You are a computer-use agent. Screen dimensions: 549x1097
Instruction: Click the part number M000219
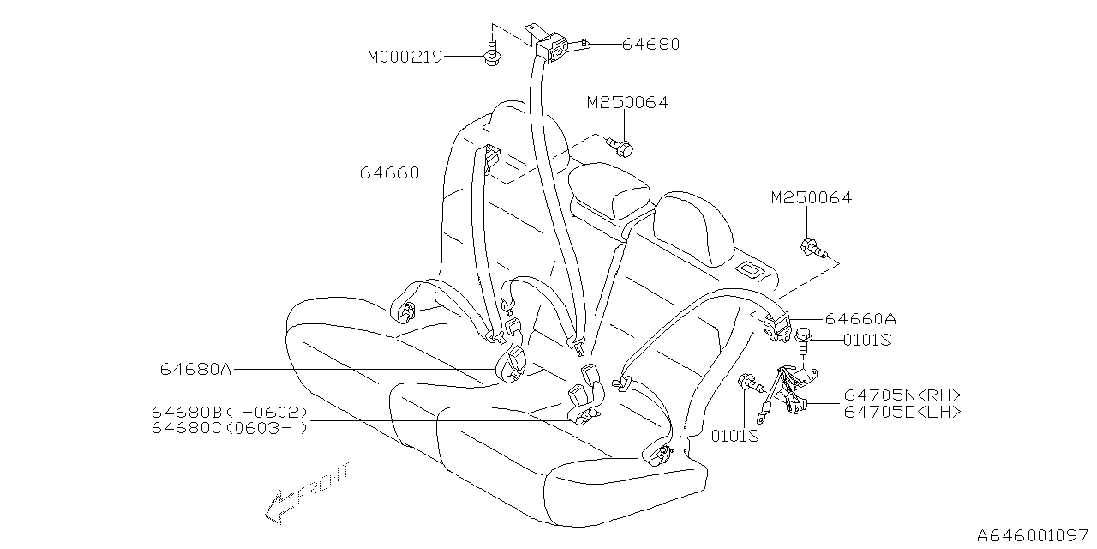click(405, 57)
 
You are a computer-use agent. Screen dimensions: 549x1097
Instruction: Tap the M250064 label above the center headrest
click(627, 103)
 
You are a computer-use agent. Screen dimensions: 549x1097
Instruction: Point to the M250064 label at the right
click(811, 198)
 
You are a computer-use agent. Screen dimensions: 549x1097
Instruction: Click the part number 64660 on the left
click(390, 172)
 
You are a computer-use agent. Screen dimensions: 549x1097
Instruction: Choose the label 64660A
click(861, 319)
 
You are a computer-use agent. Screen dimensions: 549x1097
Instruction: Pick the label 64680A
click(195, 370)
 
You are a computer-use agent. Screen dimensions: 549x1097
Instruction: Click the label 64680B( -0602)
click(229, 413)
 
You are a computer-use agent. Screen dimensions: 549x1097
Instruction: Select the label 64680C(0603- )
click(229, 427)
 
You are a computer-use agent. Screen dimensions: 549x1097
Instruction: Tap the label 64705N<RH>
click(902, 395)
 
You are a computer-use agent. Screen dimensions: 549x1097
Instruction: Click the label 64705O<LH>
click(902, 412)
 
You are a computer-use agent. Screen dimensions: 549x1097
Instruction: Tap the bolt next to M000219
click(491, 51)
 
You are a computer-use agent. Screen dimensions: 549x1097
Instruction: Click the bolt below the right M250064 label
click(812, 248)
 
